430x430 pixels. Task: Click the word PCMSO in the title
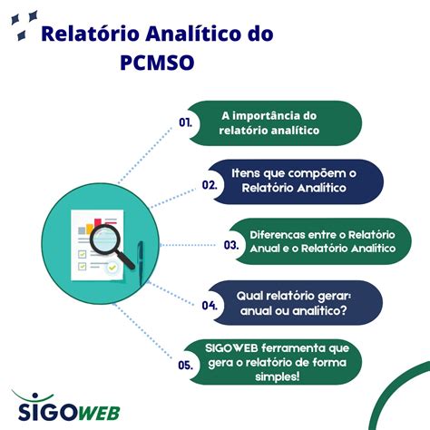(x=157, y=63)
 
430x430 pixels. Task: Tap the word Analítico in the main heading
(x=195, y=34)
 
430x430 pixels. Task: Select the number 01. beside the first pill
(x=185, y=122)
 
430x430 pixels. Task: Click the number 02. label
(x=210, y=185)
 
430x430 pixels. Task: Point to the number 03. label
(x=231, y=245)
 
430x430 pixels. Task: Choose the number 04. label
(x=210, y=306)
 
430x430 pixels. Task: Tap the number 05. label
(x=185, y=366)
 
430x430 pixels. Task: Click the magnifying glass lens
(x=104, y=239)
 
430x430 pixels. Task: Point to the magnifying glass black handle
(x=126, y=260)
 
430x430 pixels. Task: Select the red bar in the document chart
(x=98, y=223)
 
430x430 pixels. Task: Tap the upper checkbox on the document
(x=83, y=254)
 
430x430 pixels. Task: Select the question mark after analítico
(x=343, y=310)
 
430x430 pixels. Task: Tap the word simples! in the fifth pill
(x=278, y=376)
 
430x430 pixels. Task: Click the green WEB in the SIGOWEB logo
(x=99, y=413)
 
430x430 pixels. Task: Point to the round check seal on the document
(x=112, y=268)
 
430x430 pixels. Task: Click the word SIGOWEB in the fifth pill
(x=231, y=348)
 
